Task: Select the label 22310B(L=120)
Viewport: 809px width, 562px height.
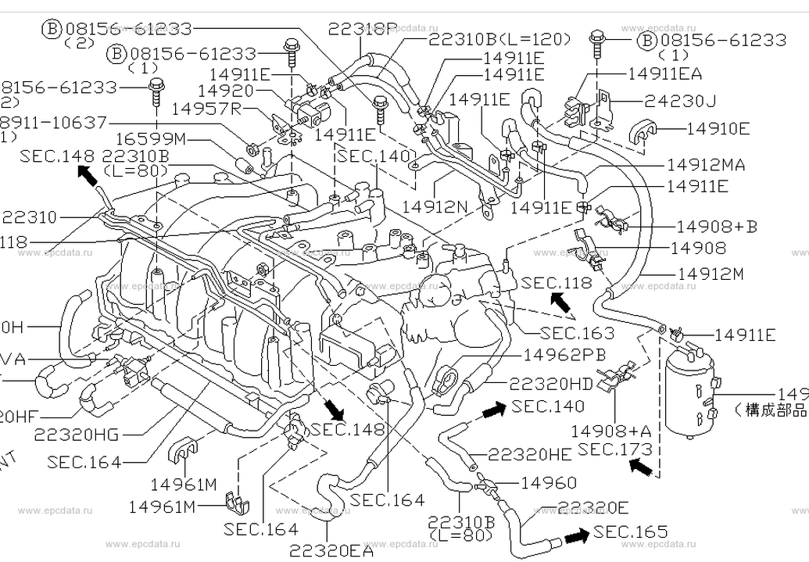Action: point(499,38)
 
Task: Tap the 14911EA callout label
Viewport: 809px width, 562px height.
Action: point(664,74)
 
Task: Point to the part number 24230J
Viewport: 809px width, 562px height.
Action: point(680,101)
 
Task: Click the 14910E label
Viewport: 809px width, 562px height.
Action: point(718,128)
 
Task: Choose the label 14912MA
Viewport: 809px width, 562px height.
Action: point(706,166)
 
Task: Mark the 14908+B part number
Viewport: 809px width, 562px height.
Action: point(716,227)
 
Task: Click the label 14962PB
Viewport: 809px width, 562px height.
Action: point(564,355)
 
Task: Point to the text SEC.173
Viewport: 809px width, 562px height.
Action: point(614,449)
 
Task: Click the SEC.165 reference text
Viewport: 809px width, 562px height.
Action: point(631,532)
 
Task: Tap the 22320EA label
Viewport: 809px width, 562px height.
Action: point(331,550)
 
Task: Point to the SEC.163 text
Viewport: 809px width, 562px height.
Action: point(577,334)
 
